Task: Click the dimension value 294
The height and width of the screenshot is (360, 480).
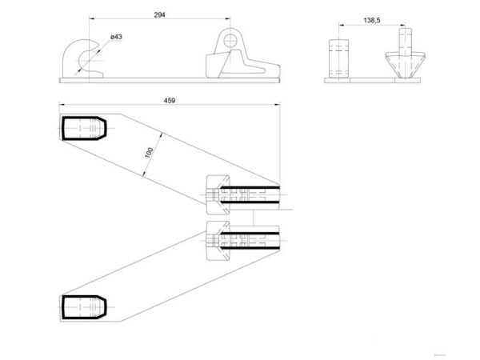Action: (x=159, y=14)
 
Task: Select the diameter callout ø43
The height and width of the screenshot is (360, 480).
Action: (x=116, y=37)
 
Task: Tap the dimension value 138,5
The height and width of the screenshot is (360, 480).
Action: (x=372, y=20)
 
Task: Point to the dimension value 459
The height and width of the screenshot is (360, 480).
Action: (x=170, y=101)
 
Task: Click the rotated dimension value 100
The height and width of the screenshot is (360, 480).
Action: (x=149, y=153)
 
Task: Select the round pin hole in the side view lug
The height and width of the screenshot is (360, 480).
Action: (x=230, y=41)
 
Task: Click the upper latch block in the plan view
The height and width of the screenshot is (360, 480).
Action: (x=218, y=195)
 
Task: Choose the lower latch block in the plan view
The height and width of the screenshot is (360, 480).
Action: (x=218, y=241)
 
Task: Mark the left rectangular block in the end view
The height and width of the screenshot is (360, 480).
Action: (x=338, y=58)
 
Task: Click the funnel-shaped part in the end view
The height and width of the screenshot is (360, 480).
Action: (x=405, y=65)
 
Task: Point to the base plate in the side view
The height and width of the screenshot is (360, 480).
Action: (x=170, y=80)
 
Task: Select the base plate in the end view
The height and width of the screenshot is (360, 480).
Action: (x=372, y=80)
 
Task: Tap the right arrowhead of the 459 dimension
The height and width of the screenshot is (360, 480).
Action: (x=278, y=105)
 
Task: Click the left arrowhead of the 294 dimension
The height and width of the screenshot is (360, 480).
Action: (x=92, y=19)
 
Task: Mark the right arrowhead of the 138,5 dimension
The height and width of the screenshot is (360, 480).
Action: (x=402, y=26)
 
